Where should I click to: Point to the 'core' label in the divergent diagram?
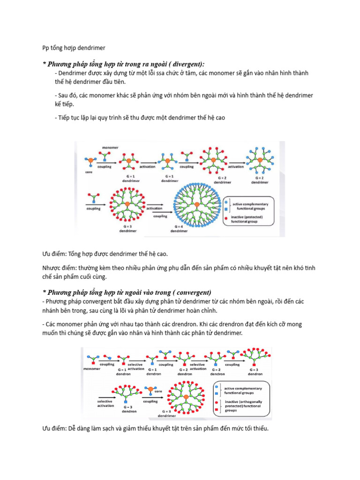[89, 172]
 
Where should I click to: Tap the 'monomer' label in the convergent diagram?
[92, 369]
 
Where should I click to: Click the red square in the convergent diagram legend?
[216, 410]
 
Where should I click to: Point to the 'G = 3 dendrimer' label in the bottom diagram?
[166, 413]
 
